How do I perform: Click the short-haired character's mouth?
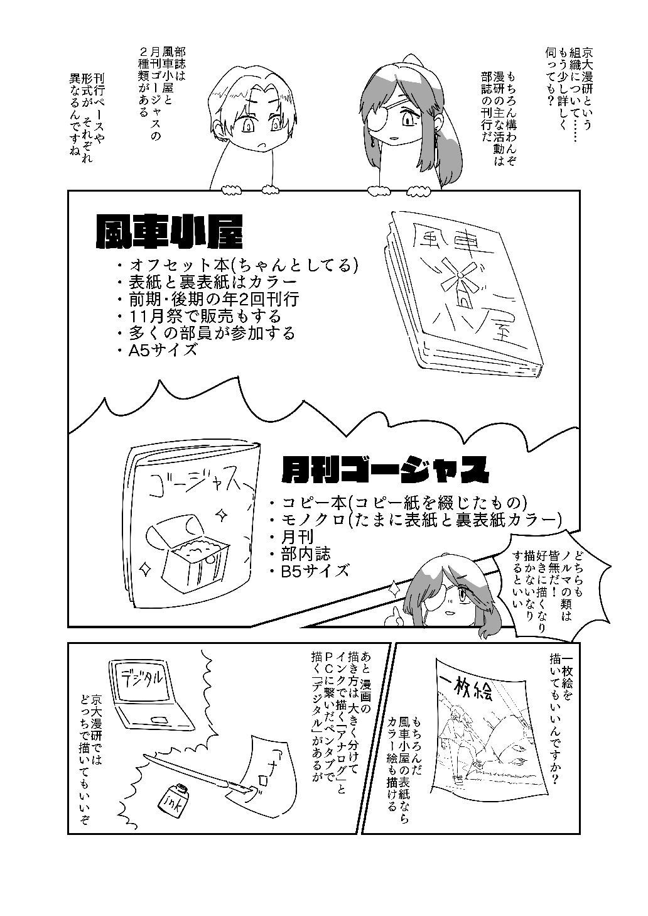(265, 146)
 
